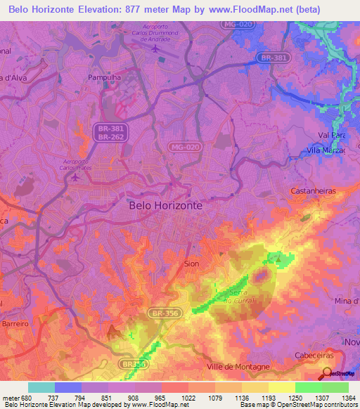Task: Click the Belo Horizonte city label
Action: pos(166,205)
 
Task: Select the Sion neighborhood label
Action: pos(191,264)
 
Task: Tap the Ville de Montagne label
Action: pos(238,368)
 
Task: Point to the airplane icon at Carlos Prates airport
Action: pos(75,177)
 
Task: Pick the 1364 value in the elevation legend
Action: pos(347,396)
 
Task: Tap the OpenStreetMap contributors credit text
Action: pos(318,405)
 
